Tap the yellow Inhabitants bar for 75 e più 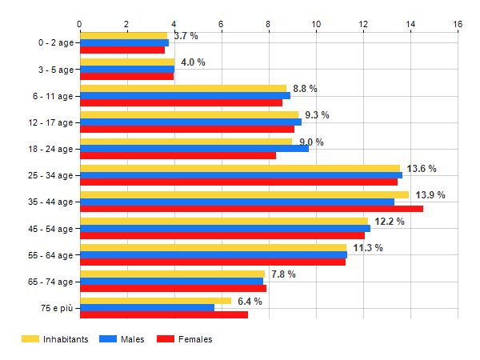(x=155, y=301)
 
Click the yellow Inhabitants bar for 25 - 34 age (x=239, y=168)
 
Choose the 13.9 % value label (x=430, y=195)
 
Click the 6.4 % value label (x=250, y=302)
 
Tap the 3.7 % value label (x=186, y=36)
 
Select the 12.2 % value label (x=390, y=222)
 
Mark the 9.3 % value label (x=317, y=115)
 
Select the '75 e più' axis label (x=55, y=308)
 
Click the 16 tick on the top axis (x=458, y=24)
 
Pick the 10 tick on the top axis (x=316, y=24)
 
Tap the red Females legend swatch (x=165, y=340)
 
